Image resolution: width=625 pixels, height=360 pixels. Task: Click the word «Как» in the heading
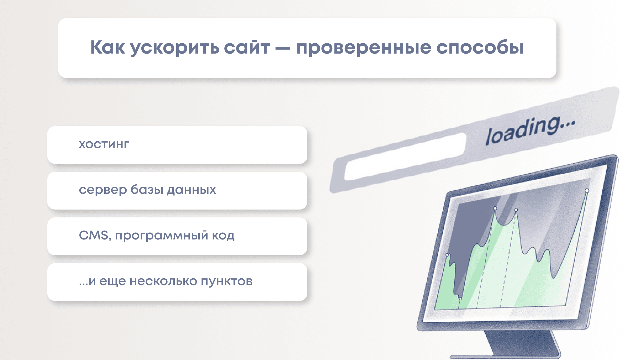click(108, 47)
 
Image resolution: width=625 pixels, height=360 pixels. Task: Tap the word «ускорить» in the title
click(175, 48)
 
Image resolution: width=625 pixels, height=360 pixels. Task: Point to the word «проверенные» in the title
click(364, 48)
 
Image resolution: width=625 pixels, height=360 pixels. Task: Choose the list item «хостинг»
click(104, 144)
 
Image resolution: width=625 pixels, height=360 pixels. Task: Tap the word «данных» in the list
click(192, 190)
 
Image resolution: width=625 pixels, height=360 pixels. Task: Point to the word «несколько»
click(163, 281)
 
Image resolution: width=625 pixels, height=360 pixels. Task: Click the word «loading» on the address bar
click(523, 131)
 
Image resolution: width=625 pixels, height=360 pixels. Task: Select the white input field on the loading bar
click(405, 157)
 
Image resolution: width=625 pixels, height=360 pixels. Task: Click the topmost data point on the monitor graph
click(587, 191)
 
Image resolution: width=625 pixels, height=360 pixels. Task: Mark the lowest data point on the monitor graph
click(460, 299)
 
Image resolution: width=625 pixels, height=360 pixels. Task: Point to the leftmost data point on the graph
click(447, 255)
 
